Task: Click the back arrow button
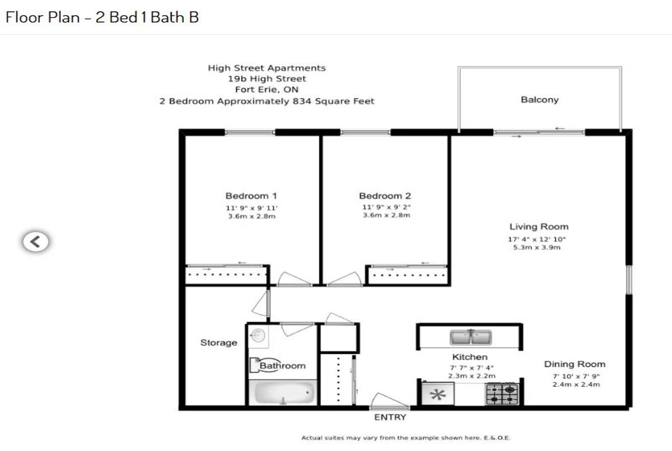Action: coord(36,241)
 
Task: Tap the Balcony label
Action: coord(539,100)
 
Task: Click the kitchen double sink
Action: coord(471,338)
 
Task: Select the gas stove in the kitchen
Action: coord(502,394)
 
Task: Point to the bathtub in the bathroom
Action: coord(283,393)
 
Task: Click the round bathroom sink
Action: coord(258,336)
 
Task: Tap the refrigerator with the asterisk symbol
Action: coord(438,394)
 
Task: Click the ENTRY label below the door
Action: coord(390,417)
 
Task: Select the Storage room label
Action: coord(219,343)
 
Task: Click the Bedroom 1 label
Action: coord(251,196)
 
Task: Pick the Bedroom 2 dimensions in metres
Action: coord(386,215)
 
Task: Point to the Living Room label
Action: coord(539,226)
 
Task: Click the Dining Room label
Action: coord(575,364)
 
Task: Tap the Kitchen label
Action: coord(470,357)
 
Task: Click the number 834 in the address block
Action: coord(302,101)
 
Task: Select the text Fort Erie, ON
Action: coord(267,90)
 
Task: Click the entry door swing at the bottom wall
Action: coord(389,401)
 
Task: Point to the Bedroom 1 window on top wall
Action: coord(250,132)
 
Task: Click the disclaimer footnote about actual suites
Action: coord(405,438)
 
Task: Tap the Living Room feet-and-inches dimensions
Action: coord(536,239)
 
